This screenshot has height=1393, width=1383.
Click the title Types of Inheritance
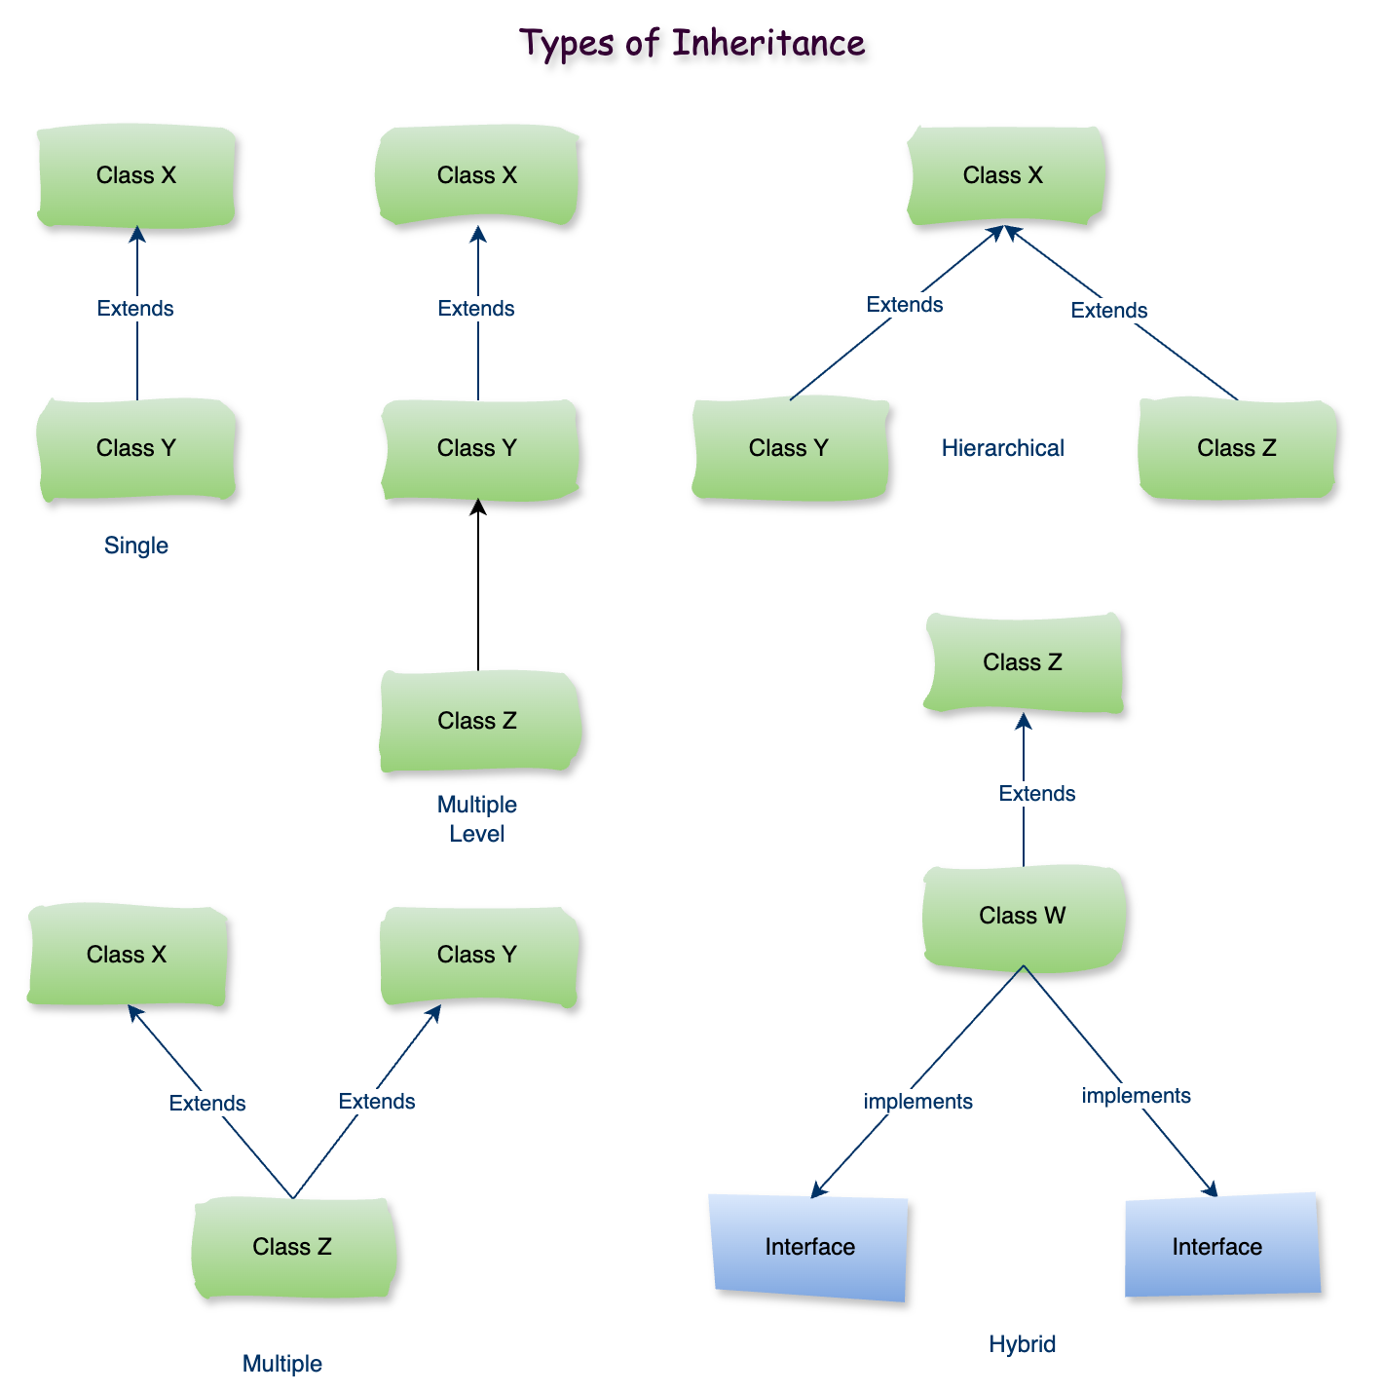pyautogui.click(x=691, y=44)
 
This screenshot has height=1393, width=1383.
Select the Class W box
pyautogui.click(x=1023, y=917)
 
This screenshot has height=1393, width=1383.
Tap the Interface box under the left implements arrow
pyautogui.click(x=810, y=1248)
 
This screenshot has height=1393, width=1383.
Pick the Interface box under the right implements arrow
pyautogui.click(x=1217, y=1248)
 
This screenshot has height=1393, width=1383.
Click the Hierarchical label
pyautogui.click(x=1002, y=448)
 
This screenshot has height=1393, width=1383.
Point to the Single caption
pyautogui.click(x=136, y=546)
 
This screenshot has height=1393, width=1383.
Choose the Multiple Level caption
pyautogui.click(x=477, y=819)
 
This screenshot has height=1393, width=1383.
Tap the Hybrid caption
pyautogui.click(x=1022, y=1344)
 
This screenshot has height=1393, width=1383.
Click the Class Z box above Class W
pyautogui.click(x=1023, y=663)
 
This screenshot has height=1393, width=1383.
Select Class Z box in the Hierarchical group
pyautogui.click(x=1237, y=449)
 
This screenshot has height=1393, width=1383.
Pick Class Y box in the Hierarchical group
pyautogui.click(x=789, y=449)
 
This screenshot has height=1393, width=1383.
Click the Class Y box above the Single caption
pyautogui.click(x=136, y=449)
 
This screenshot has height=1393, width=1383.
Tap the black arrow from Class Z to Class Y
pyautogui.click(x=477, y=584)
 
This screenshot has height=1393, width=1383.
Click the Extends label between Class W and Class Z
pyautogui.click(x=1036, y=794)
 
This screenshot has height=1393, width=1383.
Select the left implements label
pyautogui.click(x=917, y=1102)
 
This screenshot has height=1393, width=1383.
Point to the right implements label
pyautogui.click(x=1136, y=1096)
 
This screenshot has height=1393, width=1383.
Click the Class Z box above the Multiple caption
pyautogui.click(x=292, y=1248)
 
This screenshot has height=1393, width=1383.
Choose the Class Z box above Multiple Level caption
pyautogui.click(x=477, y=722)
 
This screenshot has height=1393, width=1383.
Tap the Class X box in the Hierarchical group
pyautogui.click(x=1003, y=176)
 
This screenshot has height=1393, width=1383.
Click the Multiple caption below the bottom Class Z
pyautogui.click(x=281, y=1364)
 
